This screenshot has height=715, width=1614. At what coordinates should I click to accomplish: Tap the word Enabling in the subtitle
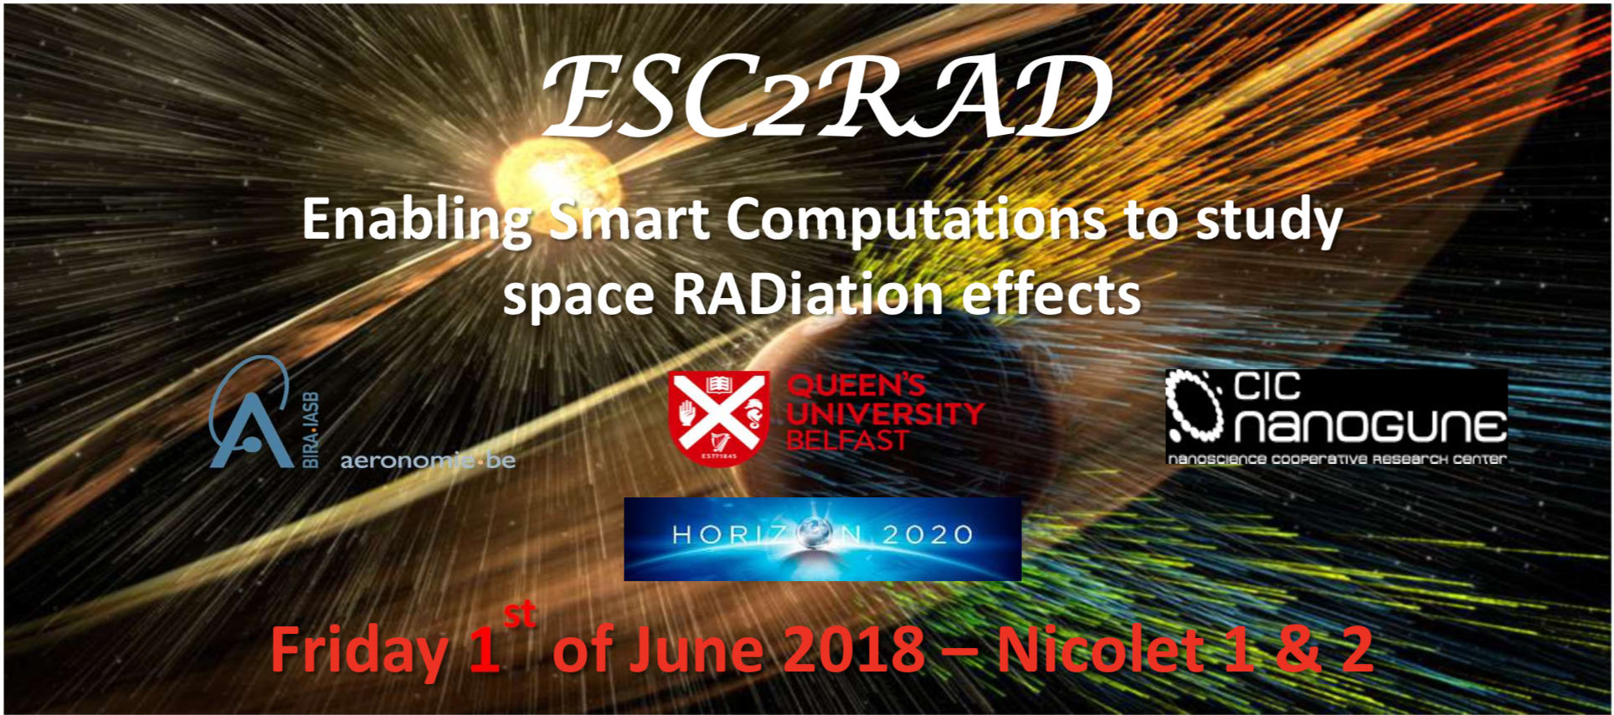[417, 222]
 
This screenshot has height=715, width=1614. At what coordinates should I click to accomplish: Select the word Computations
[916, 222]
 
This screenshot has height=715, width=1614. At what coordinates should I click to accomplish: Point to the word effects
[1051, 295]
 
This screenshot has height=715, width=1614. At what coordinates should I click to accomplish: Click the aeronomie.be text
[428, 460]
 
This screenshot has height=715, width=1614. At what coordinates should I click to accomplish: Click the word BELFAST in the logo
[847, 440]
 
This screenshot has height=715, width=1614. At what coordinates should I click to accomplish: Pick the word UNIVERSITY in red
[886, 414]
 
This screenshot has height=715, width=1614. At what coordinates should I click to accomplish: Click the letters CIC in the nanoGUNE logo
[1267, 387]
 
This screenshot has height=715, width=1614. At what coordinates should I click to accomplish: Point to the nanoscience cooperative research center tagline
[1337, 459]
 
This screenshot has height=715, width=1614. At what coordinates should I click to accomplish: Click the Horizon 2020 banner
[822, 538]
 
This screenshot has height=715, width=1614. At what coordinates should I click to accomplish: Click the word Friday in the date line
[359, 651]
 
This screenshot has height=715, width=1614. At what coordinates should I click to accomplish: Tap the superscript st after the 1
[520, 615]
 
